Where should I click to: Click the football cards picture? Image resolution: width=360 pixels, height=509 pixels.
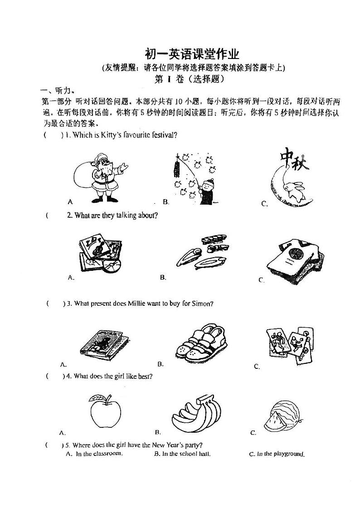tap(289, 345)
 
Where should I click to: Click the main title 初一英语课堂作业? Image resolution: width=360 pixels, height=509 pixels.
tap(192, 55)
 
